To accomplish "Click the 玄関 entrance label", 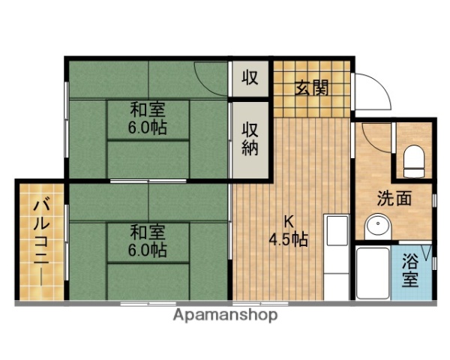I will tap(310, 88).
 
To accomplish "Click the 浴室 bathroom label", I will tap(410, 271).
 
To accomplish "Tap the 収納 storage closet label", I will tap(250, 138).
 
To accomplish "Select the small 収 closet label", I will tap(250, 78).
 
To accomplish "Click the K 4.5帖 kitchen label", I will tap(289, 232).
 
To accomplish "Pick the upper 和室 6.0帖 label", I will tap(148, 118).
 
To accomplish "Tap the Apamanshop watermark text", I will tap(225, 315).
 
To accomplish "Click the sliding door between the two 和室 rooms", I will tap(147, 181).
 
